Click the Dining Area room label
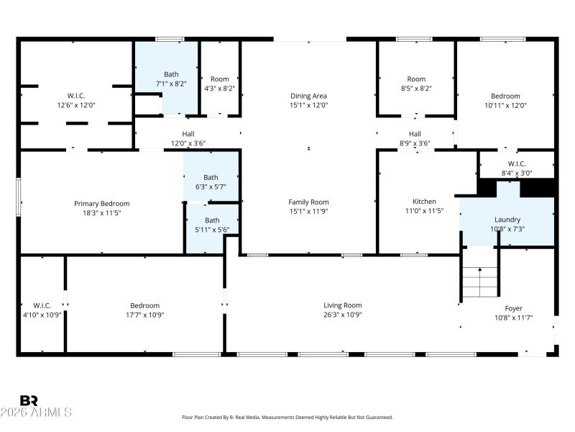click(308, 96)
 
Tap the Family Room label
click(308, 202)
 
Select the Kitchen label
click(424, 202)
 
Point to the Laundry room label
click(507, 220)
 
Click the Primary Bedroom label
click(101, 204)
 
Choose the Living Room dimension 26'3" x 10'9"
click(342, 315)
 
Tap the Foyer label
click(513, 308)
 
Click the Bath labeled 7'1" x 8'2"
click(171, 74)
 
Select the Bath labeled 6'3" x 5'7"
click(211, 177)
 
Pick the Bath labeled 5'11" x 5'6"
click(212, 220)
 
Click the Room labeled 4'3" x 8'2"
click(219, 79)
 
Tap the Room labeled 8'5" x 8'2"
click(416, 79)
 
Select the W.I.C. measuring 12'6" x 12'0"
click(76, 96)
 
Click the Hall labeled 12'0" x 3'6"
click(188, 134)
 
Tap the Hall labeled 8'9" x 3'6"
click(415, 134)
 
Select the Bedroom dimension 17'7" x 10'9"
click(144, 315)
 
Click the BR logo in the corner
click(29, 400)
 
